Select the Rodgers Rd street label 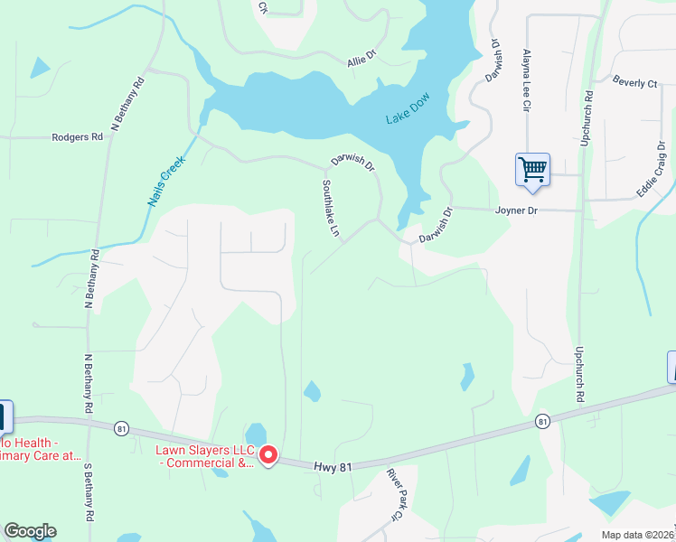pos(78,137)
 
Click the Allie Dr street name pos(361,62)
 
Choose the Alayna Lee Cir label pos(526,80)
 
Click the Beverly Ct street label pos(634,82)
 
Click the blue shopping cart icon pos(532,170)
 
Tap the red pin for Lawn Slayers pos(268,455)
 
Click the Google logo pos(30,531)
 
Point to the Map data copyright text pos(636,535)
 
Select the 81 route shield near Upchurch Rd pos(542,421)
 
